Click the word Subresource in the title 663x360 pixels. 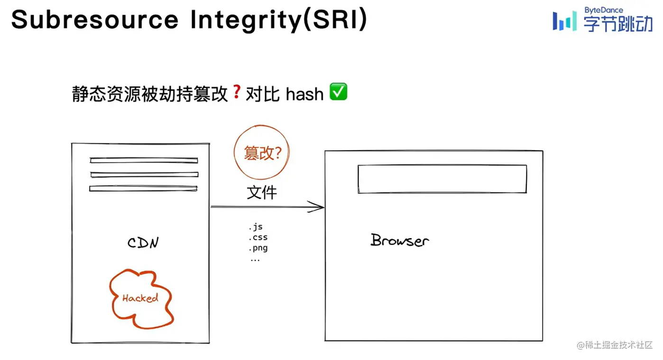(95, 19)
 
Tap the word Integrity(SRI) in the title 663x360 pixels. (278, 19)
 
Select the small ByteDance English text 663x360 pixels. (604, 10)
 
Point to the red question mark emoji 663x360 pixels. (237, 92)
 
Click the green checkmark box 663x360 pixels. (338, 92)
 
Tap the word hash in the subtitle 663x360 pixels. (304, 94)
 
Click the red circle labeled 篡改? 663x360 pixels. (262, 153)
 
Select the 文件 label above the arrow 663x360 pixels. (262, 193)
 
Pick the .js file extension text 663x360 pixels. (255, 227)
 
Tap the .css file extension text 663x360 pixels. (258, 238)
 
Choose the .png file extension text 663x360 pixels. (258, 248)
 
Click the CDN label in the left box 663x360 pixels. (143, 243)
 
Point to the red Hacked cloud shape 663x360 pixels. (141, 298)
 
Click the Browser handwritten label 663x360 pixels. (399, 240)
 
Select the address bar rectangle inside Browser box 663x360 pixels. (442, 179)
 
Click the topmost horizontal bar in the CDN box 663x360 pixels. (144, 160)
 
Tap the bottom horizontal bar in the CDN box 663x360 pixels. (143, 188)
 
